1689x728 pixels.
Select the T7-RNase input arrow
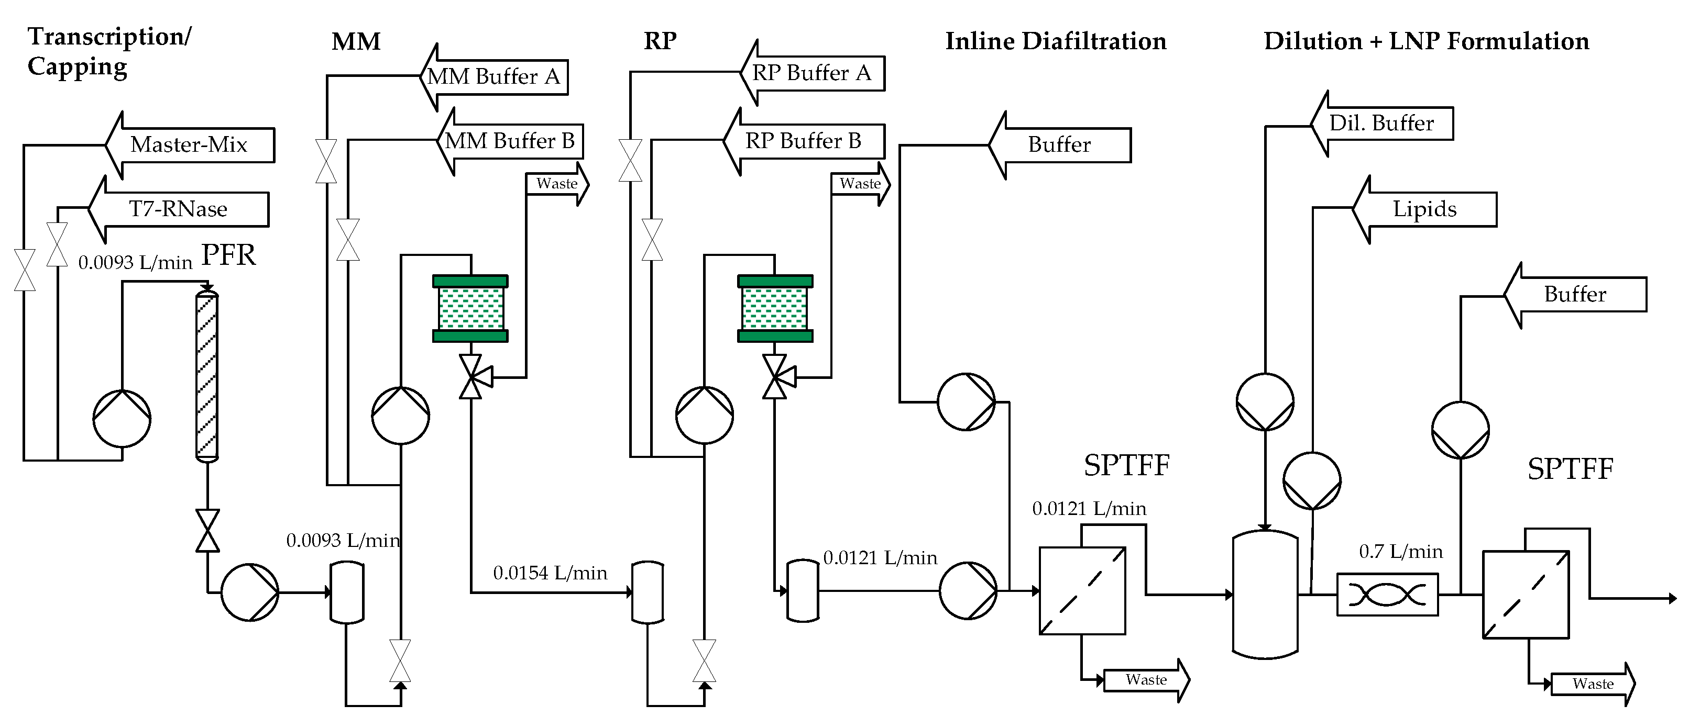(x=178, y=209)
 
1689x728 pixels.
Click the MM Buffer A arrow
(x=493, y=76)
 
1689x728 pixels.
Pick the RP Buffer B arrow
(x=803, y=141)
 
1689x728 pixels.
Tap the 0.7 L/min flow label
(x=1400, y=552)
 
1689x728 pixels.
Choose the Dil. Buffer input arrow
(x=1381, y=123)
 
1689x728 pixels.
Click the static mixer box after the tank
(x=1387, y=595)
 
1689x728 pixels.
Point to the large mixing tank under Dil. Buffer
(x=1265, y=595)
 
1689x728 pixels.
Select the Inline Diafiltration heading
(x=1056, y=41)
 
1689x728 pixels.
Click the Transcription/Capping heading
(x=109, y=51)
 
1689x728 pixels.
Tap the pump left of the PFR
(x=122, y=419)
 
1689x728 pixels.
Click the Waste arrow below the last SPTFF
(x=1593, y=684)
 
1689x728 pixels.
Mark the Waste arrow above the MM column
(x=557, y=184)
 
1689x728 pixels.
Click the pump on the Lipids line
(x=1312, y=481)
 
